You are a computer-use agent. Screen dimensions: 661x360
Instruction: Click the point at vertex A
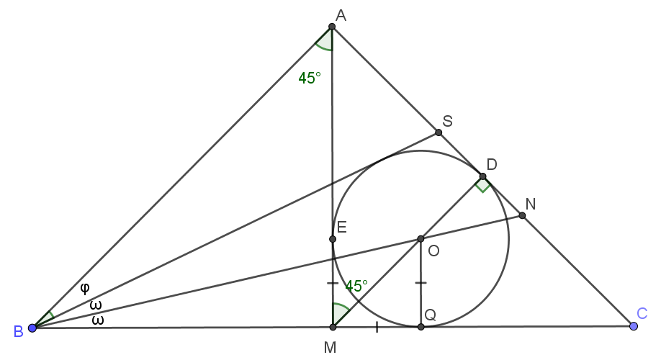(332, 27)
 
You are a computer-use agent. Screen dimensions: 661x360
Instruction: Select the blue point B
(32, 328)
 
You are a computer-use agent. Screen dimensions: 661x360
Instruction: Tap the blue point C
(633, 326)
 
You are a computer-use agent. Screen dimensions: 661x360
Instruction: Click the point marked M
(333, 327)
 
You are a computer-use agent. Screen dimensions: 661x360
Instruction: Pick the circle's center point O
(421, 239)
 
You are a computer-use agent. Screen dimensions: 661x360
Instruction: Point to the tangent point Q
(421, 327)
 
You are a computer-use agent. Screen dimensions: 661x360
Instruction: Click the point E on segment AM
(332, 239)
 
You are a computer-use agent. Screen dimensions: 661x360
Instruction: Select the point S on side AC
(439, 132)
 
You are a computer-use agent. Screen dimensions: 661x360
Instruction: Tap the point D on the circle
(482, 176)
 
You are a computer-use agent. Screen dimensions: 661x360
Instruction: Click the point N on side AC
(522, 215)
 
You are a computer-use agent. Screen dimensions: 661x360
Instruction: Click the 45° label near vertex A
(310, 78)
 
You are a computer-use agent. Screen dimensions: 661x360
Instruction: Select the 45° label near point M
(356, 287)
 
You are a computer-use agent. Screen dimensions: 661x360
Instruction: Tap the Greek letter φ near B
(85, 288)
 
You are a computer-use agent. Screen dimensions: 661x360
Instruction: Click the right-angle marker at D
(482, 184)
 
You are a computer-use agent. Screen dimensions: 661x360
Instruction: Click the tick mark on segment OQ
(421, 283)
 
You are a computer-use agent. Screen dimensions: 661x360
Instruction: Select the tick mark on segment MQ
(377, 327)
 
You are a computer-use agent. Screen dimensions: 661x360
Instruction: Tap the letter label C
(642, 314)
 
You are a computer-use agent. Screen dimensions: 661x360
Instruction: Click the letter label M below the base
(330, 347)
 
